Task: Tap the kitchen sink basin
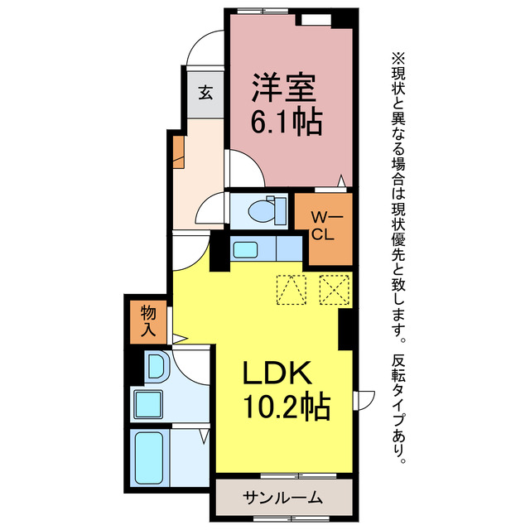(245, 248)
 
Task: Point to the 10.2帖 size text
(286, 407)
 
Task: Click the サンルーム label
(282, 498)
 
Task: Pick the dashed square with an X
(333, 289)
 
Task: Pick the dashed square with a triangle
(290, 289)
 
